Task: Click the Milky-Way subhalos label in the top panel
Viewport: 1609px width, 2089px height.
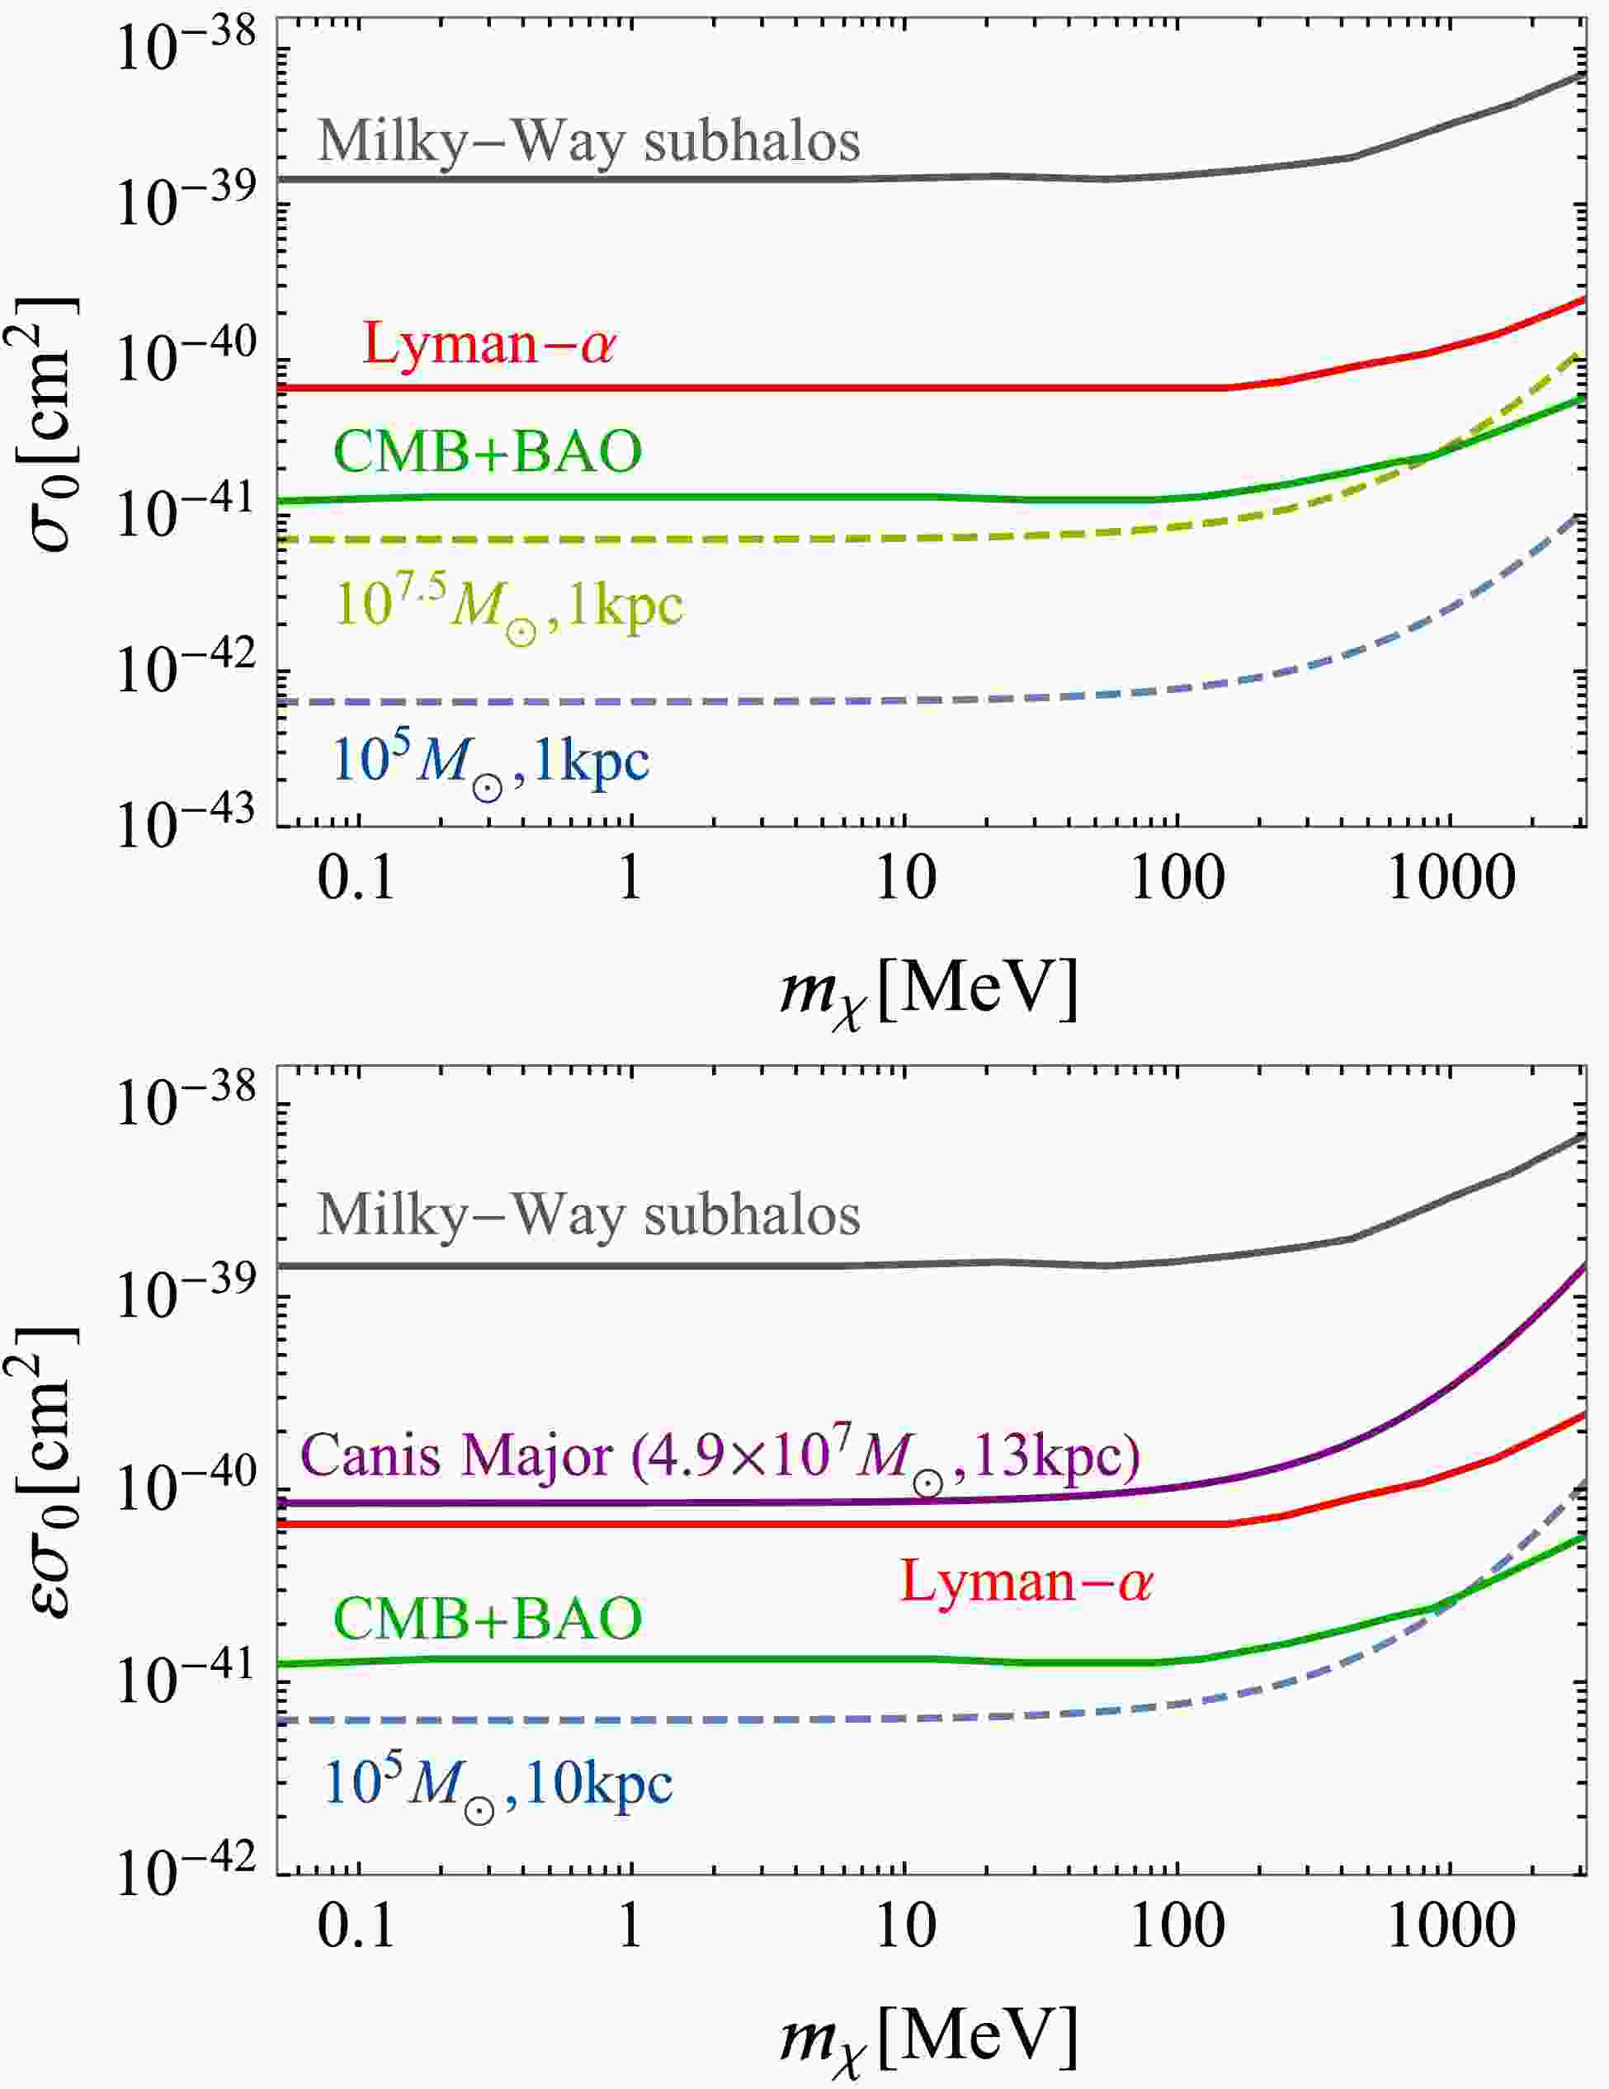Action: (x=588, y=142)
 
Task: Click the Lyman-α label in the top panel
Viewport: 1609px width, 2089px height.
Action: (x=488, y=342)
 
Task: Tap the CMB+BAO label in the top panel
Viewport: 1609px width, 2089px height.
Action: (x=488, y=451)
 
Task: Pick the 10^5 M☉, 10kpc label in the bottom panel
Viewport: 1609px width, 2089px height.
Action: (x=498, y=1785)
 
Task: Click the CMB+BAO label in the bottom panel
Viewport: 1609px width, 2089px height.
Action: (x=488, y=1619)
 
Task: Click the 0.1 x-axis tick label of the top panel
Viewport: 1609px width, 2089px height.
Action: (x=356, y=878)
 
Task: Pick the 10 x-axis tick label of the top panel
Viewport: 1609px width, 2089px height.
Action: (x=905, y=878)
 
